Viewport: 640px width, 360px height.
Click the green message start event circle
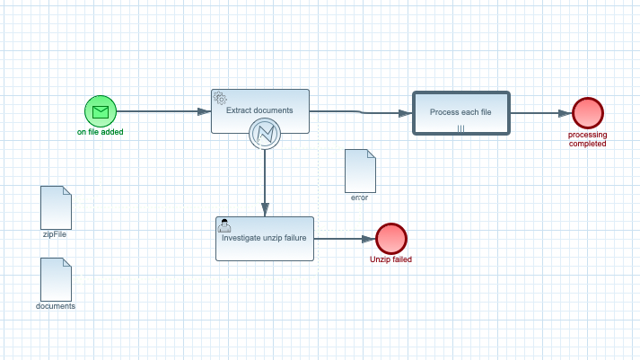coord(101,111)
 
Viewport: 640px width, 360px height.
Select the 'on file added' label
coord(101,132)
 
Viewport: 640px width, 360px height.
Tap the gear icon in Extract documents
coord(219,98)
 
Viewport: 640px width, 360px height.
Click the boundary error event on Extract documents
coord(265,134)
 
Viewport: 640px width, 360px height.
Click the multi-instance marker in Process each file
coord(460,128)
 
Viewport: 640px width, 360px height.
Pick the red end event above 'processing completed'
coord(588,113)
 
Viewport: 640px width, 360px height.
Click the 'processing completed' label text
coord(588,139)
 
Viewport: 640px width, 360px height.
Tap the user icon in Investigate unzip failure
coord(224,225)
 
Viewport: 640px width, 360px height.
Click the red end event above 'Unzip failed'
coord(391,239)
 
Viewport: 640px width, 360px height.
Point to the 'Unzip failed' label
coord(391,259)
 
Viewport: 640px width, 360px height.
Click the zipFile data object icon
coord(56,207)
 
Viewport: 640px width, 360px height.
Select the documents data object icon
coord(56,279)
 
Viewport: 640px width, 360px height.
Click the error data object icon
coord(360,171)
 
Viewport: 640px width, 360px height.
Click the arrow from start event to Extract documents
coord(162,111)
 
